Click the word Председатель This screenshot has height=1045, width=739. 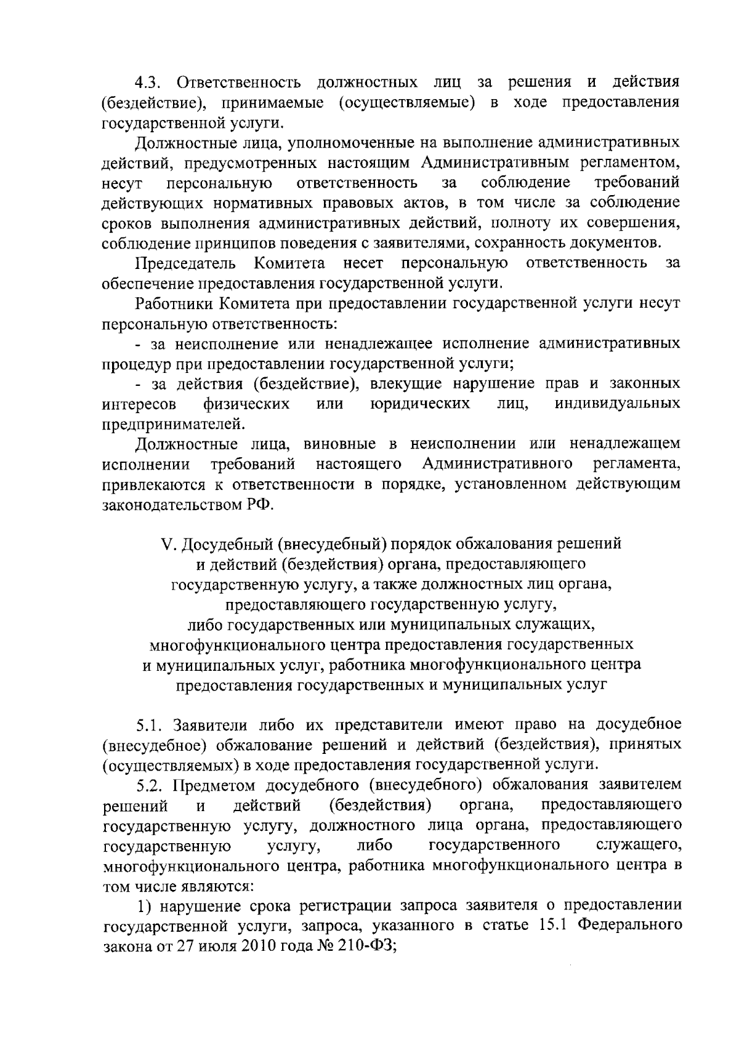pos(185,263)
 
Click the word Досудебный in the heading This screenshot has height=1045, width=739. pos(226,544)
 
